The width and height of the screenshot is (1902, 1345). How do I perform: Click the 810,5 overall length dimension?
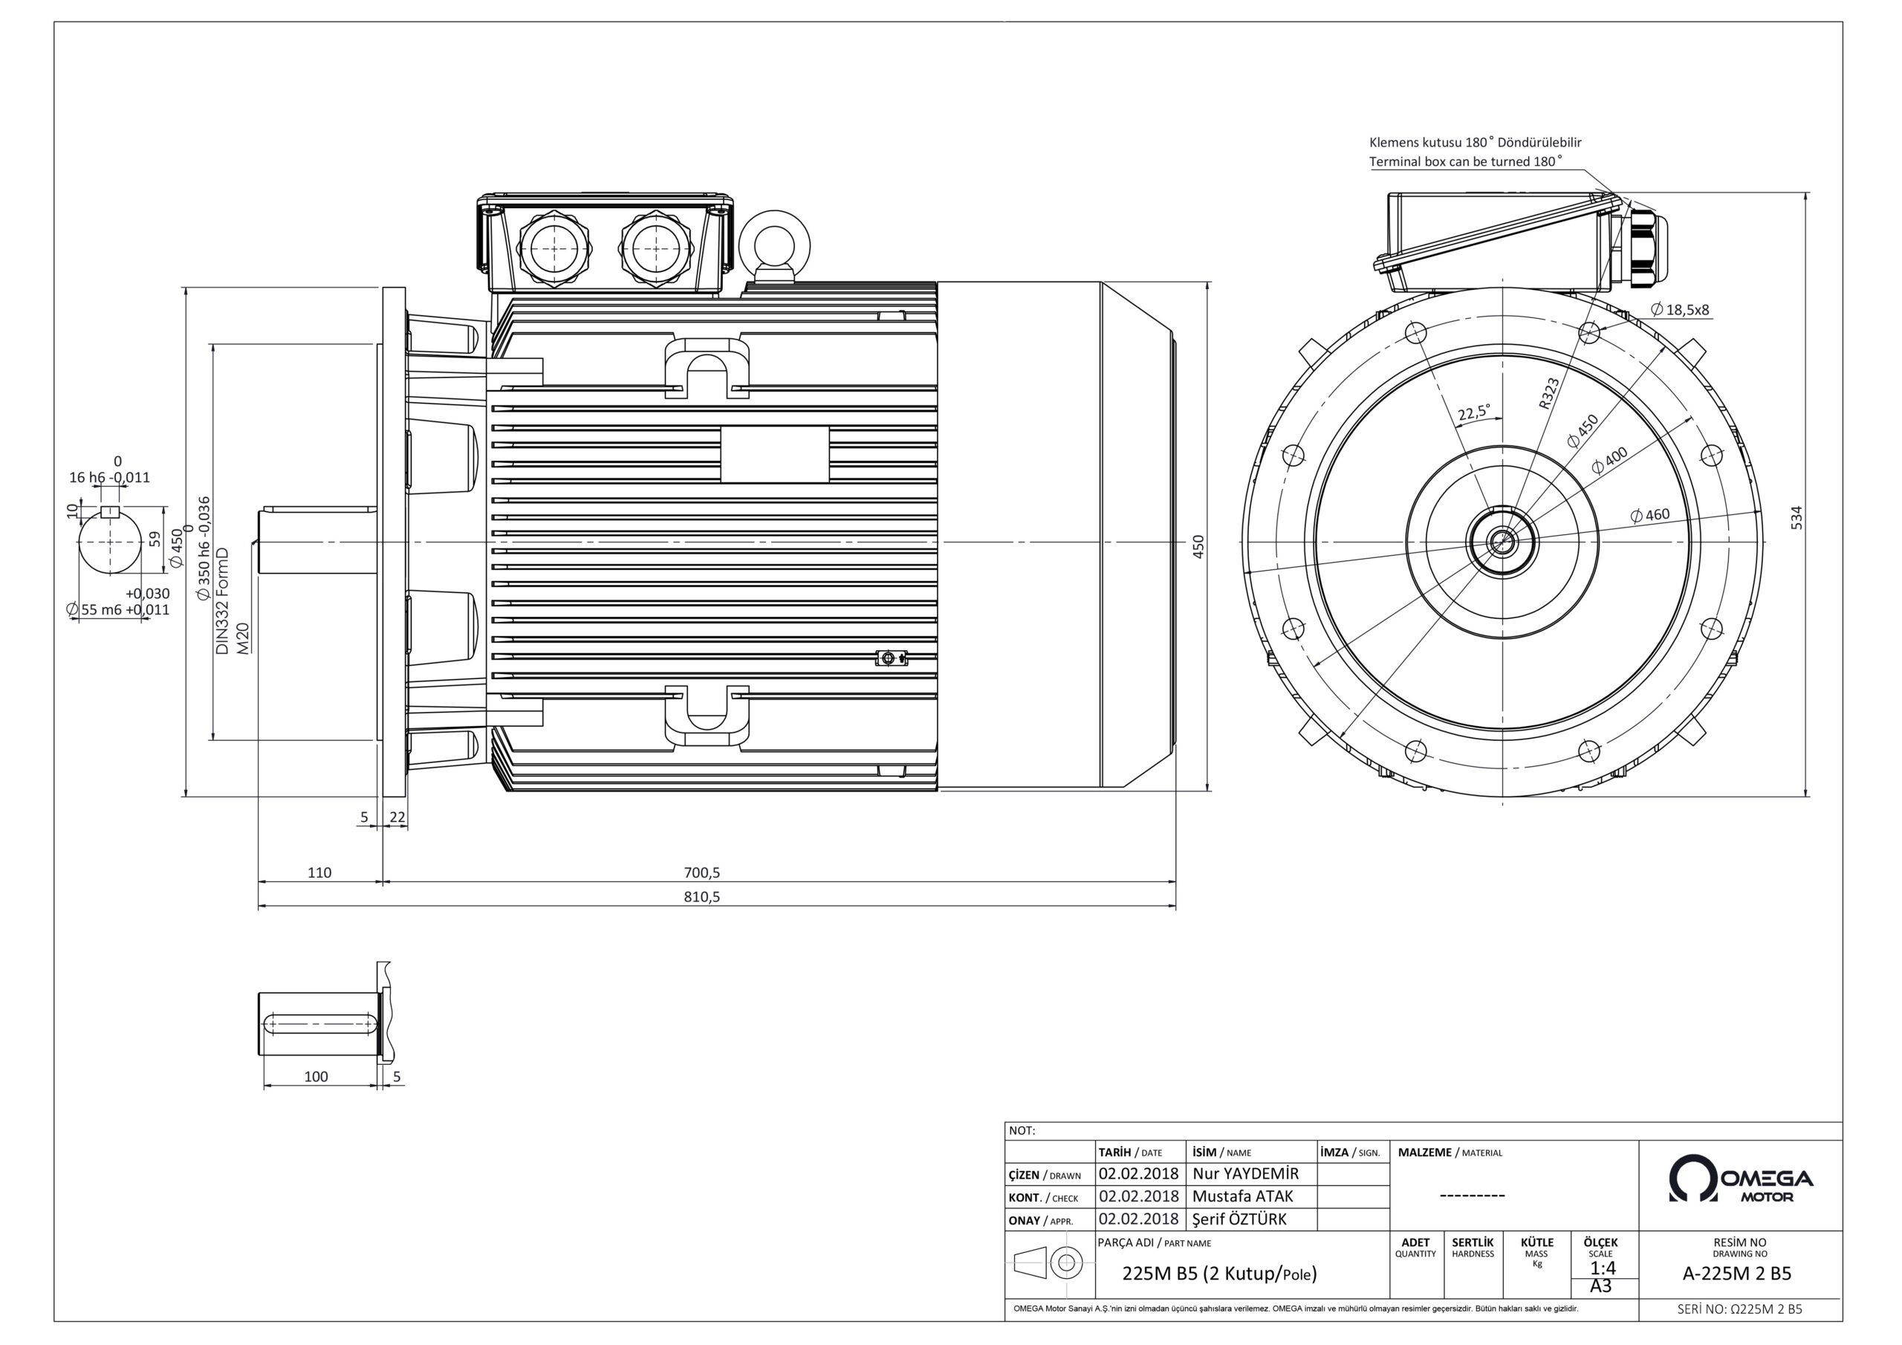click(701, 897)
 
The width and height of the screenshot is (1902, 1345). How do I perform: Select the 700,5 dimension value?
click(701, 872)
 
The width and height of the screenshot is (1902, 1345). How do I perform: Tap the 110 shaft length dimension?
click(319, 872)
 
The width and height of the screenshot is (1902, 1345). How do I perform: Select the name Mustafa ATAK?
click(1242, 1196)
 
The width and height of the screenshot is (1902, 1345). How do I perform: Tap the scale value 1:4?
click(1602, 1268)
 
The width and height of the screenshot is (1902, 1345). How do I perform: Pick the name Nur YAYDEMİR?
click(1246, 1173)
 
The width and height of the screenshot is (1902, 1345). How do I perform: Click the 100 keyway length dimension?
click(316, 1077)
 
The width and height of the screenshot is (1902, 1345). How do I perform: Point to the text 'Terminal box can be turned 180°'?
click(1465, 161)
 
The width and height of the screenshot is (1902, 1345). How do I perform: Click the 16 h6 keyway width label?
click(109, 477)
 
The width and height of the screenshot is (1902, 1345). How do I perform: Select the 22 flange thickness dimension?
click(397, 817)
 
